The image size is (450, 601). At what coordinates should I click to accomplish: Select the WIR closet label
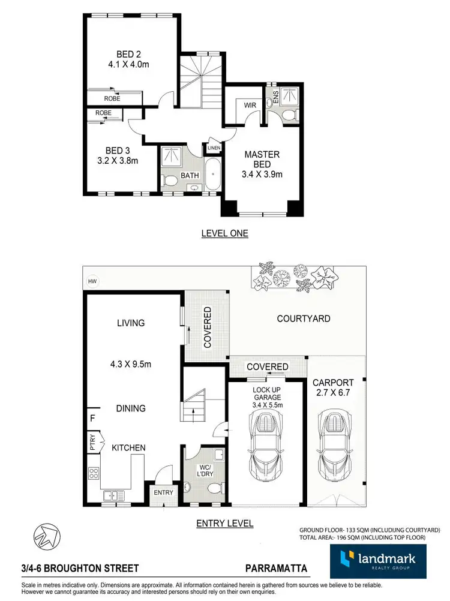250,106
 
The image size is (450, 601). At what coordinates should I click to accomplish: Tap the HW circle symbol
92,281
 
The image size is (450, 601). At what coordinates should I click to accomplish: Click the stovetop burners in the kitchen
94,473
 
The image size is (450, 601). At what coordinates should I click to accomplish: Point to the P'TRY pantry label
92,441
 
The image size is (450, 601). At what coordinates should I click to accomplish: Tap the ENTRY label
163,492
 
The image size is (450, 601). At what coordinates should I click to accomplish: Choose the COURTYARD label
303,318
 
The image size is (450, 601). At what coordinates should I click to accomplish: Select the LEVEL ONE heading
224,233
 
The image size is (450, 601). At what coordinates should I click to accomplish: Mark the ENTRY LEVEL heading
224,523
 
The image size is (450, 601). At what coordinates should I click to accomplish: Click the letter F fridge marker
92,418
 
